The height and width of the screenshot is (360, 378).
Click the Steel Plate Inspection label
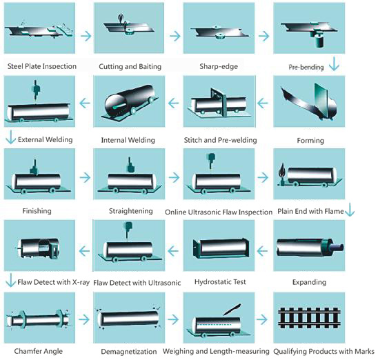click(42, 66)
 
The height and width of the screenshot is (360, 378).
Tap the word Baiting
click(150, 66)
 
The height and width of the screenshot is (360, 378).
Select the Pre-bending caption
click(306, 67)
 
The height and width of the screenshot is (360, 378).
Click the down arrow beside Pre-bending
click(334, 64)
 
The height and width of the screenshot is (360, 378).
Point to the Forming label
click(310, 141)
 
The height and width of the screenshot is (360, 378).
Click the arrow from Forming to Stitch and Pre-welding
click(263, 103)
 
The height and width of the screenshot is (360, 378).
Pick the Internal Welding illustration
click(129, 101)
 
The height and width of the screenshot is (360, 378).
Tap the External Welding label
click(46, 139)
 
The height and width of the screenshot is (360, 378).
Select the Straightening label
click(131, 211)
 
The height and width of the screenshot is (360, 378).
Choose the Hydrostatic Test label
click(220, 282)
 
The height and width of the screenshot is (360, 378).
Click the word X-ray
click(81, 282)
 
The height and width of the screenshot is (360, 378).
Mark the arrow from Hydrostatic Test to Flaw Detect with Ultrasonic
click(173, 251)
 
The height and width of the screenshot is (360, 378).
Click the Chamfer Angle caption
click(39, 351)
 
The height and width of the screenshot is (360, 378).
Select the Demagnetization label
click(129, 352)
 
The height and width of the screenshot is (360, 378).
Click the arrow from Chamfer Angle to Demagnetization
click(84, 319)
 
